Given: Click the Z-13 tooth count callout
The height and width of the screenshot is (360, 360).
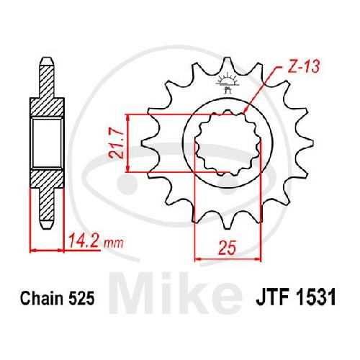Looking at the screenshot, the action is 303,66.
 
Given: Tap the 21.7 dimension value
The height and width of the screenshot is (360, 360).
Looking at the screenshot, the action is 116,144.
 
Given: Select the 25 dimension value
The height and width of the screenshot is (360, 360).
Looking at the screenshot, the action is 227,247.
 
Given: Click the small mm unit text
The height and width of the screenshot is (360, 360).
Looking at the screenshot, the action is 114,243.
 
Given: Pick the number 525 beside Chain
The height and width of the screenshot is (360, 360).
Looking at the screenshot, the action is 81,298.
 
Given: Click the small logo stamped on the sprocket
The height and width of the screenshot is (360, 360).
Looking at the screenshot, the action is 227,83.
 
